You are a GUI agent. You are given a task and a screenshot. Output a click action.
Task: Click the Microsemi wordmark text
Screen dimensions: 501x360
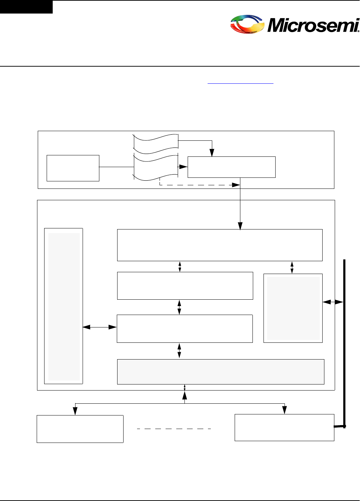[x=313, y=25]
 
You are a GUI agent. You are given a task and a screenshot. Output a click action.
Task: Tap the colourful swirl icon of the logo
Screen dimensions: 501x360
[x=247, y=24]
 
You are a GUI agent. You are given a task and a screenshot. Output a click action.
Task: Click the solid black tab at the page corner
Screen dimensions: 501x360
[x=26, y=7]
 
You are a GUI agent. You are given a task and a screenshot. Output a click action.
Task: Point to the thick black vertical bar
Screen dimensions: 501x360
[x=344, y=342]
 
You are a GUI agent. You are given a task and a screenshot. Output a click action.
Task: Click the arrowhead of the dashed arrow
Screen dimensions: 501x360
[x=236, y=185]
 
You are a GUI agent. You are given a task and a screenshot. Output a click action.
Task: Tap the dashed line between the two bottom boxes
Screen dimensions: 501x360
[x=174, y=429]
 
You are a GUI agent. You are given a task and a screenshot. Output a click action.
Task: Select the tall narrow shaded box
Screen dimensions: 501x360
[x=64, y=306]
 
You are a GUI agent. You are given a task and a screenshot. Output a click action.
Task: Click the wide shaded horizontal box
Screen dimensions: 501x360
[x=221, y=372]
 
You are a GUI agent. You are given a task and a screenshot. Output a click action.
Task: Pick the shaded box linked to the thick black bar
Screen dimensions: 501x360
[x=293, y=308]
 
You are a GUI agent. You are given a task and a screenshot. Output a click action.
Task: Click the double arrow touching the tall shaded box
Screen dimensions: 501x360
[x=100, y=327]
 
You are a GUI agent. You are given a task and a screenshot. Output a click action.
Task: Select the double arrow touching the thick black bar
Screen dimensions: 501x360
[x=333, y=302]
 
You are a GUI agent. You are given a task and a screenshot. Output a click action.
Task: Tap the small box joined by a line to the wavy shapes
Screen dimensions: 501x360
[x=73, y=168]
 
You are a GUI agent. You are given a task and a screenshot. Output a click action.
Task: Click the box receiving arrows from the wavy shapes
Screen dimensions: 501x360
[x=231, y=167]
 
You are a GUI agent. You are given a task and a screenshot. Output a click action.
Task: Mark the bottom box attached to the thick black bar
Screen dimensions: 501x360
[x=284, y=427]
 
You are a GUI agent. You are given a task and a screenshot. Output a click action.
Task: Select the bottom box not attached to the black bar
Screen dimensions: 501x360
[x=80, y=429]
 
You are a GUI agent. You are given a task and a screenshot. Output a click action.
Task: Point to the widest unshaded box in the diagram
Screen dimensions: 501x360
[x=220, y=245]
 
